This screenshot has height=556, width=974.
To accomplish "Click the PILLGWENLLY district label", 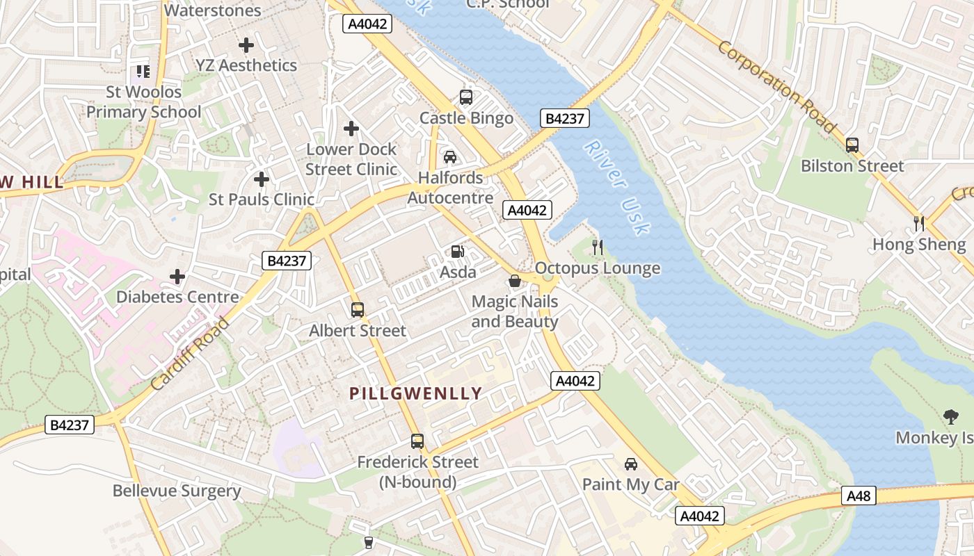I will coord(415,393).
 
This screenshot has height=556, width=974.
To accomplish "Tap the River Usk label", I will coord(617,187).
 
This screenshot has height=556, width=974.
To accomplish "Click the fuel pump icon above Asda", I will coord(457,252).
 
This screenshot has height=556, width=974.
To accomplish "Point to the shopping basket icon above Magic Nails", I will coord(515,281).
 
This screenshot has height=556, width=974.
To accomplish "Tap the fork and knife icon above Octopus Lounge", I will coord(597,247).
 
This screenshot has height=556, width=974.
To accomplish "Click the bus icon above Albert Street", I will coord(358,310).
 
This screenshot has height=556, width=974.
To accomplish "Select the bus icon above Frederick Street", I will coord(417,441).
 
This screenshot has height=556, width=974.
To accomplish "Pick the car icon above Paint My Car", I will coord(630,464).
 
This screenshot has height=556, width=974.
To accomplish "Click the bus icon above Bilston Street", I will coord(852,145).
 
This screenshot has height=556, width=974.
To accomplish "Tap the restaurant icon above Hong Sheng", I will coord(919,223).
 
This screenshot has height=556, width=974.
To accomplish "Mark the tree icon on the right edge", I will coord(950,417).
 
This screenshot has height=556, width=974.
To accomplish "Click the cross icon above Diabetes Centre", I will coord(177,277).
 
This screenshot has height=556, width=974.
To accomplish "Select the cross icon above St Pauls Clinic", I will coord(262,179).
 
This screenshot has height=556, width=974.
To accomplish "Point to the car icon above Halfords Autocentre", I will coord(450,156).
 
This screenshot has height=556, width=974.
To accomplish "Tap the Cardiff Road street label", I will coord(190,353).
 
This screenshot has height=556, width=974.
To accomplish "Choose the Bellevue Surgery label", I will coord(177,491).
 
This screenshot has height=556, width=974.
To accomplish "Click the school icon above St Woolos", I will coord(143,71).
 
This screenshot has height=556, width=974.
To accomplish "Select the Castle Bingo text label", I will coord(466,118).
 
